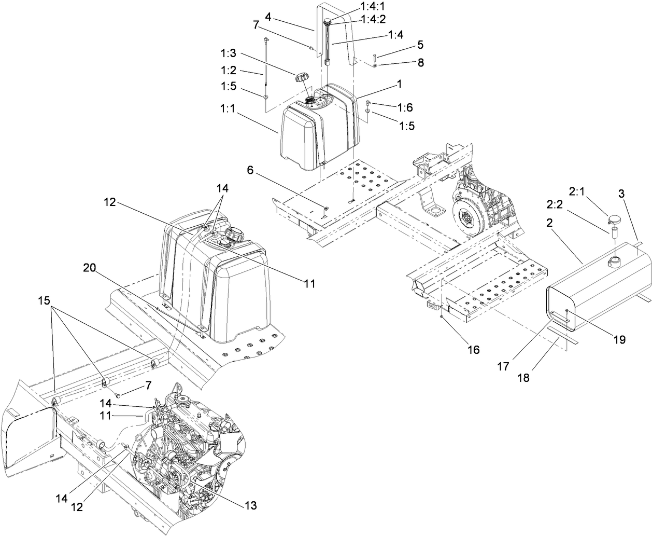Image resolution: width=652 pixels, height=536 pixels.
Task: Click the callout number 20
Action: [90, 268]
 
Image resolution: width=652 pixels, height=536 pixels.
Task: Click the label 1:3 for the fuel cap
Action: [229, 53]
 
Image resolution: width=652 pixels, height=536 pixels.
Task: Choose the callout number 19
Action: [619, 340]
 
